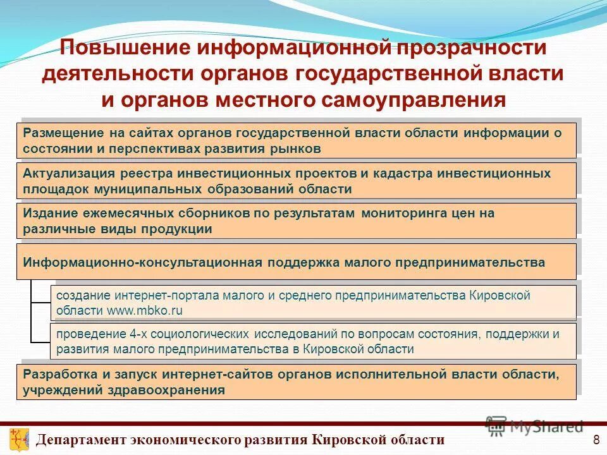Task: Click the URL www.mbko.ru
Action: click(145, 310)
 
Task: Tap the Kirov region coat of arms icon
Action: click(19, 439)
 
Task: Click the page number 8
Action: click(595, 440)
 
